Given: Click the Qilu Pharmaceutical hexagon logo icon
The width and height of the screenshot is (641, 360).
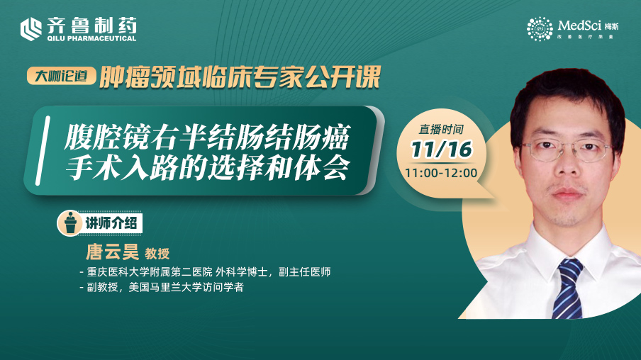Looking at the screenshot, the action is point(31,29).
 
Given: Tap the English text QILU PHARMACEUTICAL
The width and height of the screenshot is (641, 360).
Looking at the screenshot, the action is point(91,38).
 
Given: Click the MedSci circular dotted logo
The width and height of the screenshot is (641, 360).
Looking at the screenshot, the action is point(540,28).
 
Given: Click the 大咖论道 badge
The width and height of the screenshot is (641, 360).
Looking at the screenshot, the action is point(61,76).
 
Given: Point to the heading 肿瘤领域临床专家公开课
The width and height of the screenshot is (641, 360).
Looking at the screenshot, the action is point(240,77).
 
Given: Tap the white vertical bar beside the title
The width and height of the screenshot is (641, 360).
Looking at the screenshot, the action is point(43,150).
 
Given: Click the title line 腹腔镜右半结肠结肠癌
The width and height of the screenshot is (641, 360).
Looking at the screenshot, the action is point(207,137).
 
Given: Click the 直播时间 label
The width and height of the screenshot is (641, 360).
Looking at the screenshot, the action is point(441,130).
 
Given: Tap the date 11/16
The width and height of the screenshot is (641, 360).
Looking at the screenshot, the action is point(442,150).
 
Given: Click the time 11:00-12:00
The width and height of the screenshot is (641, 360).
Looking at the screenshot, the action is point(441,173).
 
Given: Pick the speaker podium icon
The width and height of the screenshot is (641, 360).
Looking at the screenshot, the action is point(70,223).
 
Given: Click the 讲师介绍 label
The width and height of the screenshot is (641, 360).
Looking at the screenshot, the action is point(111,223).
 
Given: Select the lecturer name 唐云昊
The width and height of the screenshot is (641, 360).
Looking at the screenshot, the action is point(113,252).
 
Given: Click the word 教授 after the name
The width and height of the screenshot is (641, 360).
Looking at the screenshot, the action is point(157,254).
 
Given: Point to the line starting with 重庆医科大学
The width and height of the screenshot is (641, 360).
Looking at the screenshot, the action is point(206,271).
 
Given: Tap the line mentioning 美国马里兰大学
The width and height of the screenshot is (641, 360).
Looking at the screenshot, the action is point(162,287).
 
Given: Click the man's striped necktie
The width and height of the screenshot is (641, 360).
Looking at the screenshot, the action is point(567,288).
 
